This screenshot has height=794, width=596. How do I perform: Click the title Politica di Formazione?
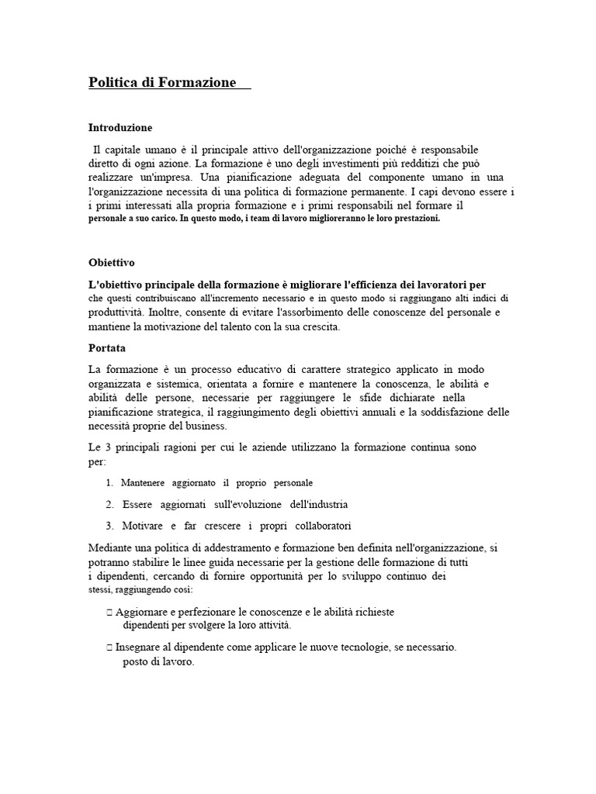coord(162,82)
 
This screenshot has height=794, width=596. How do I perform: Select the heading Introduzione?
coord(120,127)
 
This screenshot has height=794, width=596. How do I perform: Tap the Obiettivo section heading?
coord(112,263)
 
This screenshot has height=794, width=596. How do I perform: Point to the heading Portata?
coord(107,348)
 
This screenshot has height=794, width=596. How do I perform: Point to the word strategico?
coord(355,369)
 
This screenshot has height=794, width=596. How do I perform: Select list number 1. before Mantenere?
coord(110,483)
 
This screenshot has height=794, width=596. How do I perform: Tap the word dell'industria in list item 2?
coord(319,505)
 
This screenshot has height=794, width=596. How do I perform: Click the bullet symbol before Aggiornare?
coord(109,612)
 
